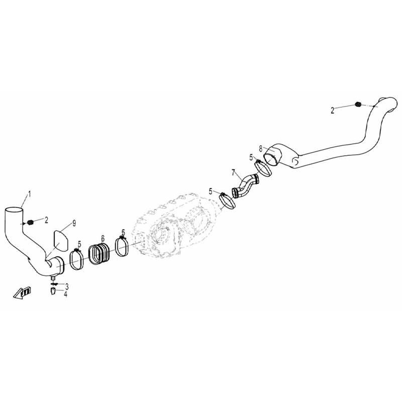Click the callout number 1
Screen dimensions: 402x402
point(29,193)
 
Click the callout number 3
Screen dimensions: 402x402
point(66,286)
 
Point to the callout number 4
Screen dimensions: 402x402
point(65,293)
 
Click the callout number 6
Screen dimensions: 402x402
point(102,238)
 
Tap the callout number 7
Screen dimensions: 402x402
point(233,173)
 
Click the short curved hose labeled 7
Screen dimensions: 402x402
point(244,185)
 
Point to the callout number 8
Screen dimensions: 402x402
point(260,148)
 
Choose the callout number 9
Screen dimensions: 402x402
point(74,222)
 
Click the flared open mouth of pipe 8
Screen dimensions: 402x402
point(272,156)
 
